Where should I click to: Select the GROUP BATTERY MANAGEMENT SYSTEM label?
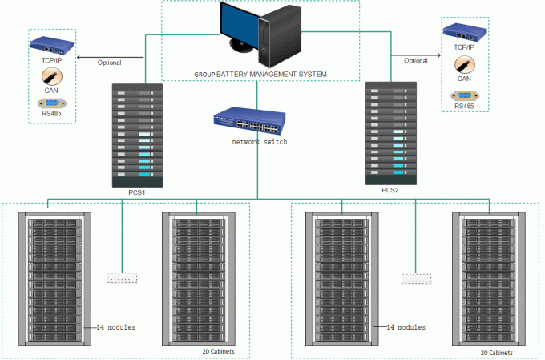[x=260, y=74]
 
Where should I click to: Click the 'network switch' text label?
[x=259, y=141]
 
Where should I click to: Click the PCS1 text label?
[x=135, y=193]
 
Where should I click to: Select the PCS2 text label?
[x=390, y=190]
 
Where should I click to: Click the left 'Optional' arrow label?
[x=109, y=63]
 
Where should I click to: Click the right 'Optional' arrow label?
[x=415, y=60]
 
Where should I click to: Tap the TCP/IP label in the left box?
[x=52, y=60]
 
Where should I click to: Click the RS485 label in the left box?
[x=51, y=115]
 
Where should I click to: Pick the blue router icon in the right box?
[x=465, y=31]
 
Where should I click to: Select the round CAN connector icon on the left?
[x=50, y=77]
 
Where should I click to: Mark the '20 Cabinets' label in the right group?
[x=497, y=353]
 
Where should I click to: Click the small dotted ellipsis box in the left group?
[x=122, y=277]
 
